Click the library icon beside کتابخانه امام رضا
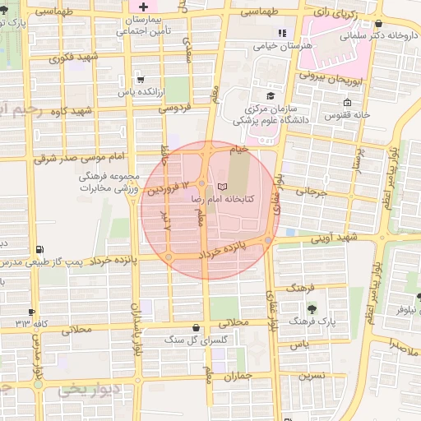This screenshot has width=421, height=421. [223, 186]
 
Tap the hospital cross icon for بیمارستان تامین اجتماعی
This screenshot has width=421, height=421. [143, 7]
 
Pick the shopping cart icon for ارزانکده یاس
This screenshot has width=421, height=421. [142, 81]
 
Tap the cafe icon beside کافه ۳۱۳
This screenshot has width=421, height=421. [31, 312]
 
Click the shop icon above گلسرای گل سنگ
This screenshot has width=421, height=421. [195, 326]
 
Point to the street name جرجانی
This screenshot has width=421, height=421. [310, 192]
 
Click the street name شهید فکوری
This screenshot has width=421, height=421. [75, 58]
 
